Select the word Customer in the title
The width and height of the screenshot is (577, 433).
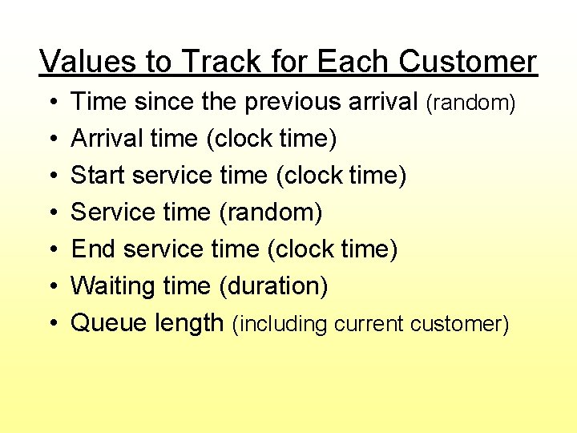467,62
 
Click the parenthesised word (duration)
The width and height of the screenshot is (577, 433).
272,286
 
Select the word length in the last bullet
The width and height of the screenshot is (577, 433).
188,323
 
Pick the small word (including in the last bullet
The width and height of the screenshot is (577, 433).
280,325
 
